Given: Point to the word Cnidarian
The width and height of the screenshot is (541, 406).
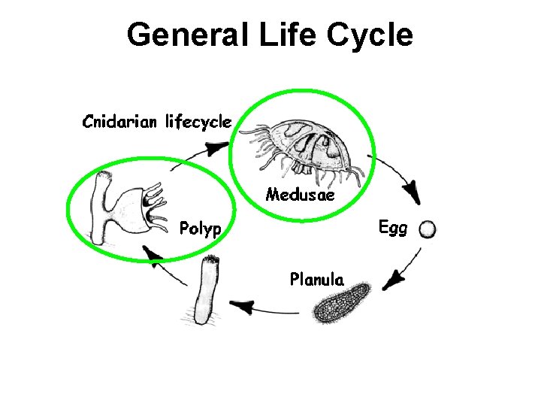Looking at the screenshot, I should (120, 121).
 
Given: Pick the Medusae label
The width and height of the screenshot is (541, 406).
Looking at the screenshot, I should (301, 195).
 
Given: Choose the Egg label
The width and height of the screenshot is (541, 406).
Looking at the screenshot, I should (392, 227).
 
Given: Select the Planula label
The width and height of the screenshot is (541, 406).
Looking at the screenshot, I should (317, 280).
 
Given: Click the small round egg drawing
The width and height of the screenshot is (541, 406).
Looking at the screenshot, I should (428, 229).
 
